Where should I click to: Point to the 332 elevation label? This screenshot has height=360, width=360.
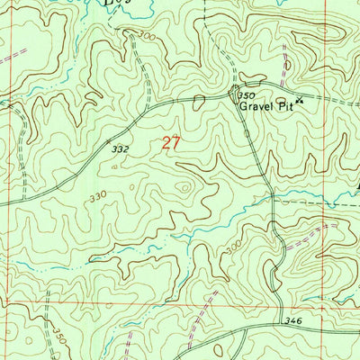click(119, 145)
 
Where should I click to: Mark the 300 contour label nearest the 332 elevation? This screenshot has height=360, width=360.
click(147, 37)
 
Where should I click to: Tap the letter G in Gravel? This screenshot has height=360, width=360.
click(243, 103)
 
